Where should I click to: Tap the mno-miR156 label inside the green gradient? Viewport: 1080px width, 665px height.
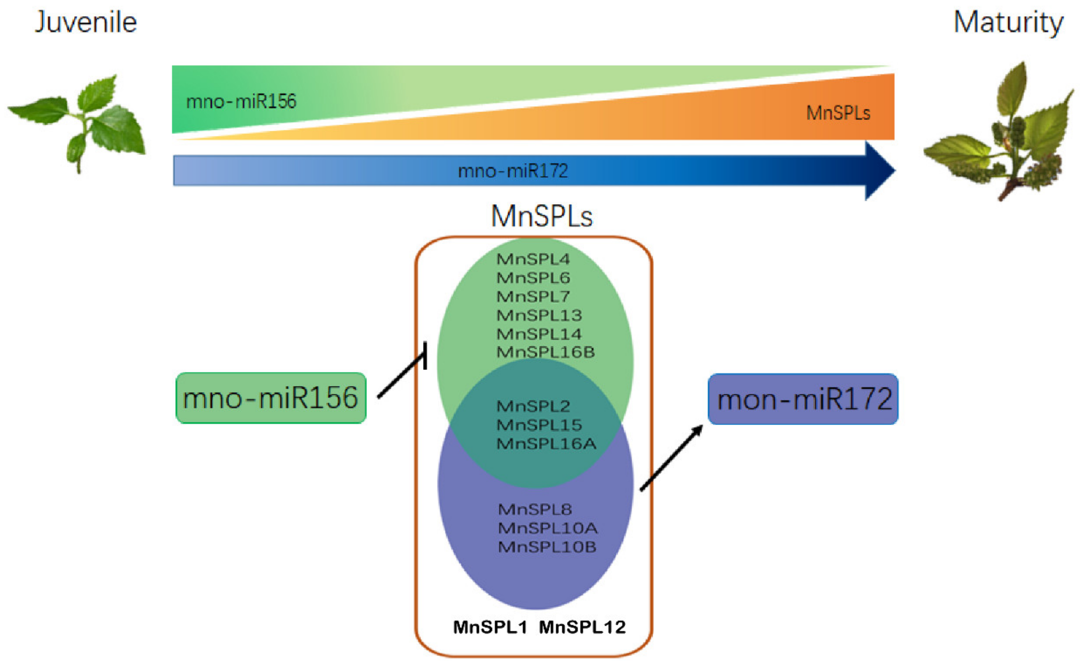point(241,102)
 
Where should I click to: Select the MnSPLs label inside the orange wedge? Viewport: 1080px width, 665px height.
point(838,113)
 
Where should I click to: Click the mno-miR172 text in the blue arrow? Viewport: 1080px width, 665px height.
point(513,171)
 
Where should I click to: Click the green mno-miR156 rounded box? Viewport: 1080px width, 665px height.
point(270,398)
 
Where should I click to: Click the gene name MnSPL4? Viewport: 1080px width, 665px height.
point(533,259)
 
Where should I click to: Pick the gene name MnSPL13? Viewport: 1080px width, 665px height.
point(539,315)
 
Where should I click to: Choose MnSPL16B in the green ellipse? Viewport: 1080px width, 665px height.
point(545,352)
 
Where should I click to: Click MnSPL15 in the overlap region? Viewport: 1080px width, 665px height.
point(539,425)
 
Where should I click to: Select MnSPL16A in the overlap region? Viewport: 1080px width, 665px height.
point(546,444)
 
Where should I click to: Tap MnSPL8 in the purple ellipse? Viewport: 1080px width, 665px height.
point(535,509)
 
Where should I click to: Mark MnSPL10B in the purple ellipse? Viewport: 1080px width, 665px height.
point(547,547)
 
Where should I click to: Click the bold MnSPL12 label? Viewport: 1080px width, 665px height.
point(582,627)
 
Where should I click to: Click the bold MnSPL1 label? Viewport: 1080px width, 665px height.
point(490,627)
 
